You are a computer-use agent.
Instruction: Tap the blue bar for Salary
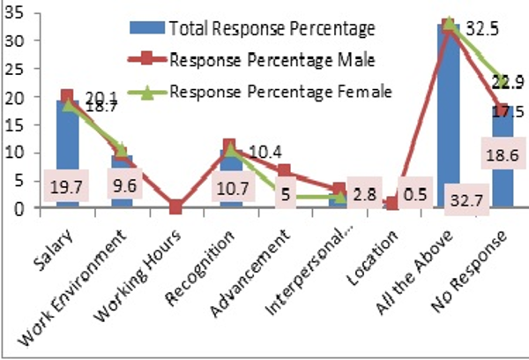[67, 132]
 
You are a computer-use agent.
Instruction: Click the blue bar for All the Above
[448, 106]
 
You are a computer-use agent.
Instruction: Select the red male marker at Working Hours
[177, 207]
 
